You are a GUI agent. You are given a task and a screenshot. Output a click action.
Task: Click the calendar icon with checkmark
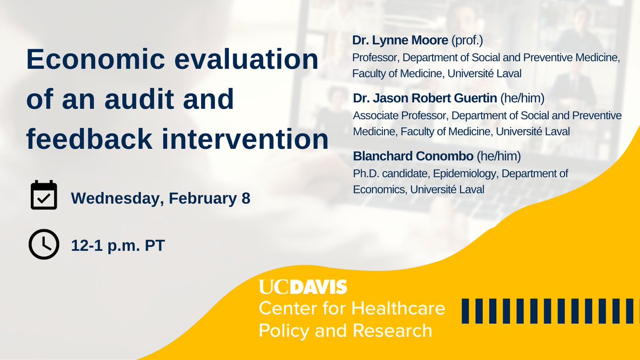point(43,196)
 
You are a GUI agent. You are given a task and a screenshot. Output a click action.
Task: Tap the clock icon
point(43,244)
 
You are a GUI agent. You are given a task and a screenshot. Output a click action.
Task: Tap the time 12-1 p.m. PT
point(118,246)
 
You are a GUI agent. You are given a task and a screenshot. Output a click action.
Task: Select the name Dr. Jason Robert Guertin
point(433,98)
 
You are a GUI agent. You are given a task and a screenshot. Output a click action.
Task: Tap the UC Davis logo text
point(303,287)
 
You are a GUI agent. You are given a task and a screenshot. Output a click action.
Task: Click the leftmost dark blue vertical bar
point(465,311)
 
